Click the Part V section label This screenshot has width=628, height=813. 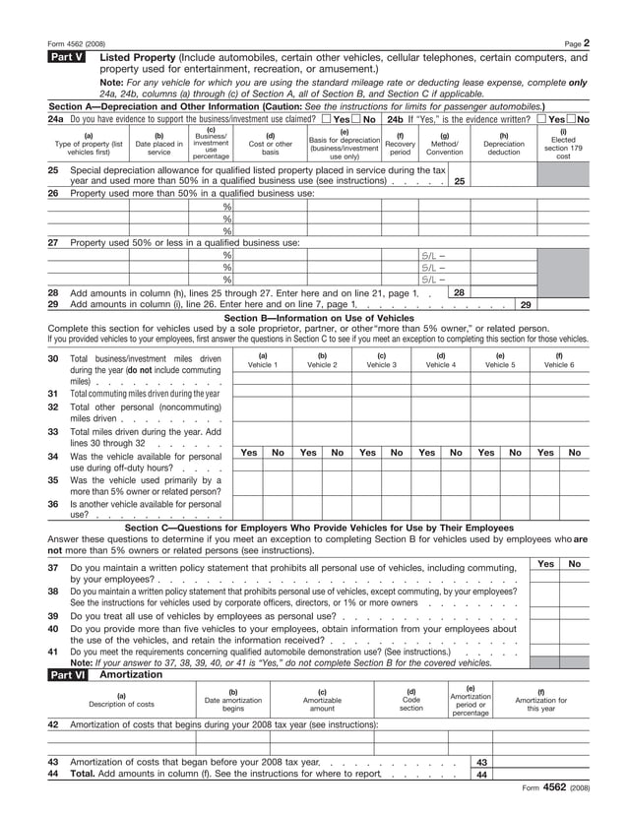coord(67,58)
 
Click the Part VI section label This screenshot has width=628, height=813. coord(67,675)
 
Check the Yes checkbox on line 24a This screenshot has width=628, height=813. coord(327,119)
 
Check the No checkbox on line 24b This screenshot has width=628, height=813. coord(540,119)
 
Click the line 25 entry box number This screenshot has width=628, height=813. coord(459,181)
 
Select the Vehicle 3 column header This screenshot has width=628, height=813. coord(381,360)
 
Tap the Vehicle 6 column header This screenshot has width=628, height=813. coord(559,360)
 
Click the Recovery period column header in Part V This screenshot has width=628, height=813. coord(400,144)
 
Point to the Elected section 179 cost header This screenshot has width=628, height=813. coord(563,144)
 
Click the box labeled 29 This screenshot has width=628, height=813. coord(526,304)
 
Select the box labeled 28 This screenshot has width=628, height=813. coord(459,292)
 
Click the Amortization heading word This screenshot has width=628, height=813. coord(125,675)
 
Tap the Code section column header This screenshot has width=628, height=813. coord(411,703)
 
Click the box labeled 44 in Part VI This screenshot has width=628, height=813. coord(481,775)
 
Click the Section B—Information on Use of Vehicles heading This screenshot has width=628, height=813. coord(319,318)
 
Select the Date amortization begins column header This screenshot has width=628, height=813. coord(233,703)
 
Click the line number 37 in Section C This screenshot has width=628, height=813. coord(53,568)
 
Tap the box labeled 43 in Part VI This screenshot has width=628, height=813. coord(481,762)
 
